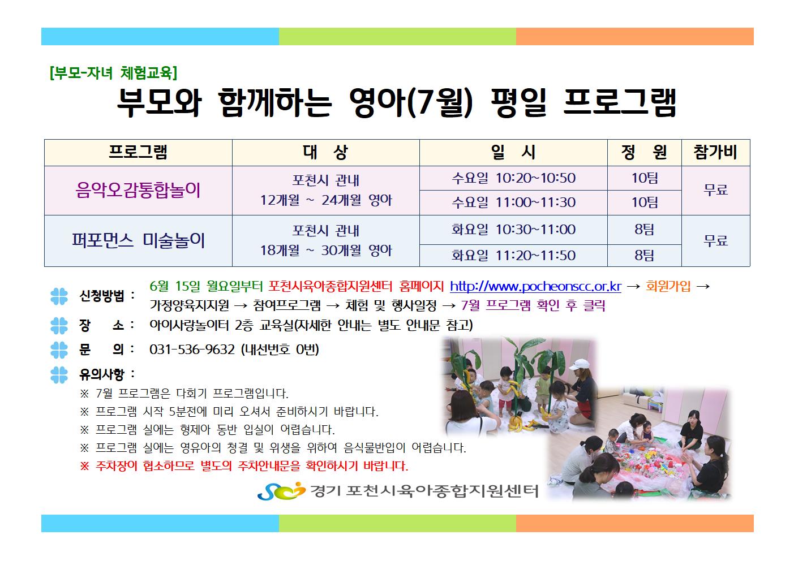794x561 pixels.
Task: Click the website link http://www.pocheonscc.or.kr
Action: (535, 286)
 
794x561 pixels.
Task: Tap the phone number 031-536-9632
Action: (192, 349)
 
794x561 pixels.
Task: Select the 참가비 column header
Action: (715, 152)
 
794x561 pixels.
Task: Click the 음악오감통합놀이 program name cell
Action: (138, 190)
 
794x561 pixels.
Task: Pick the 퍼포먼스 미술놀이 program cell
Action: (138, 240)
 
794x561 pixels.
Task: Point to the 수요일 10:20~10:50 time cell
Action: (513, 178)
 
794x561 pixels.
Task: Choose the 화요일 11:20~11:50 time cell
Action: (513, 256)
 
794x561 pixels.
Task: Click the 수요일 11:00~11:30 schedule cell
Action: (513, 202)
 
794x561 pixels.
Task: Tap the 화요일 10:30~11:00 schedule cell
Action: (513, 230)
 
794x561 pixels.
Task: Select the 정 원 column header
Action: (645, 152)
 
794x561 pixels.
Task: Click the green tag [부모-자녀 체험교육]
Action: (113, 73)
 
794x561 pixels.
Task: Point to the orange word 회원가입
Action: (668, 286)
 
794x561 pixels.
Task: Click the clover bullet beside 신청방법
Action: (59, 296)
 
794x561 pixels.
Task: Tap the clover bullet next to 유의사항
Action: (59, 375)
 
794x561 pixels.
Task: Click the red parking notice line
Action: (244, 466)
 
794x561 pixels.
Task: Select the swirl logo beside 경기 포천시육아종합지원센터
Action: (281, 491)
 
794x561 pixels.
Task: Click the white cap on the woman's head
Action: (579, 364)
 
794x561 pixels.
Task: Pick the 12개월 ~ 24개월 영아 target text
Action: (326, 200)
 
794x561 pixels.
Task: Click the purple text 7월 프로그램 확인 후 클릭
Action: (533, 305)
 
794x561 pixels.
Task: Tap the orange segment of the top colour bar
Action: (634, 37)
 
